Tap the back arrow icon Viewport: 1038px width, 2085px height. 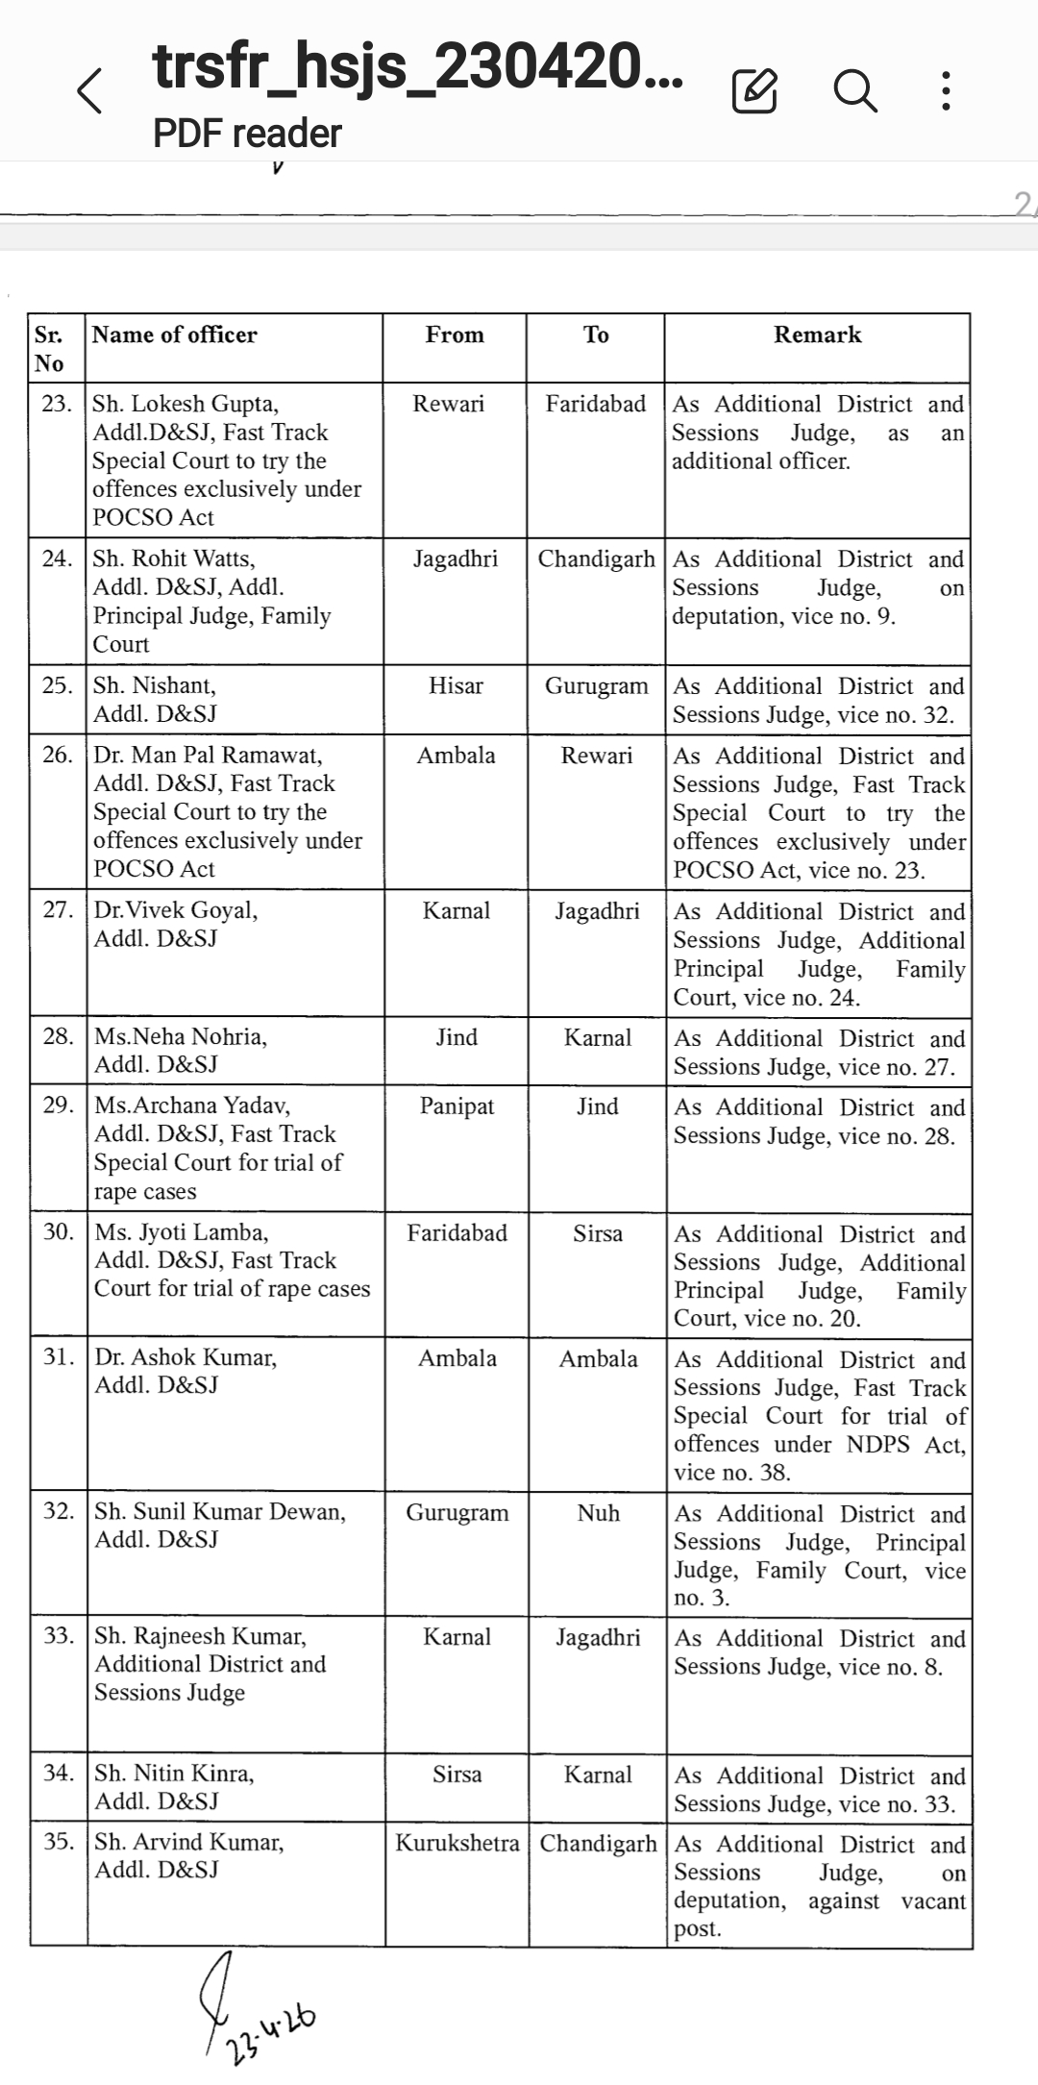[x=90, y=91]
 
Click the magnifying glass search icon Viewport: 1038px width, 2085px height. [x=854, y=91]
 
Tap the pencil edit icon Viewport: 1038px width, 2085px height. [x=754, y=91]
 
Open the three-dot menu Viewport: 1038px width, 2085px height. [x=947, y=91]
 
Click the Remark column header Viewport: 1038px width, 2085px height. [x=817, y=335]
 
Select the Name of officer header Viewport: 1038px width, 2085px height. [x=175, y=335]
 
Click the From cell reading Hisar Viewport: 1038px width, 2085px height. [x=456, y=685]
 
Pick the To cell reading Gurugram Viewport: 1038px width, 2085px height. [x=596, y=685]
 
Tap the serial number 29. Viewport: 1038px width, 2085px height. [x=59, y=1105]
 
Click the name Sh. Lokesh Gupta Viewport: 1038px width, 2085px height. [x=185, y=404]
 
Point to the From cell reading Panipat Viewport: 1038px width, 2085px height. [x=457, y=1106]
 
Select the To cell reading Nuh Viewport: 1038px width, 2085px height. [x=598, y=1512]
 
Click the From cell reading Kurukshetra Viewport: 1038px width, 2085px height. [x=457, y=1843]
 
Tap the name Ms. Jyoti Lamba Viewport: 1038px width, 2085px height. [x=182, y=1232]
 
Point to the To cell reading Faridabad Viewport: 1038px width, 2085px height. [x=596, y=404]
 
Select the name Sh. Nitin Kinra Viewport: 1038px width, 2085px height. [x=174, y=1774]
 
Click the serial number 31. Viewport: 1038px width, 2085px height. [x=59, y=1357]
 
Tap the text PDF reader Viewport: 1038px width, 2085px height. [x=247, y=134]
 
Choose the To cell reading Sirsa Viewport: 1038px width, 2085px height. [x=598, y=1233]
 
